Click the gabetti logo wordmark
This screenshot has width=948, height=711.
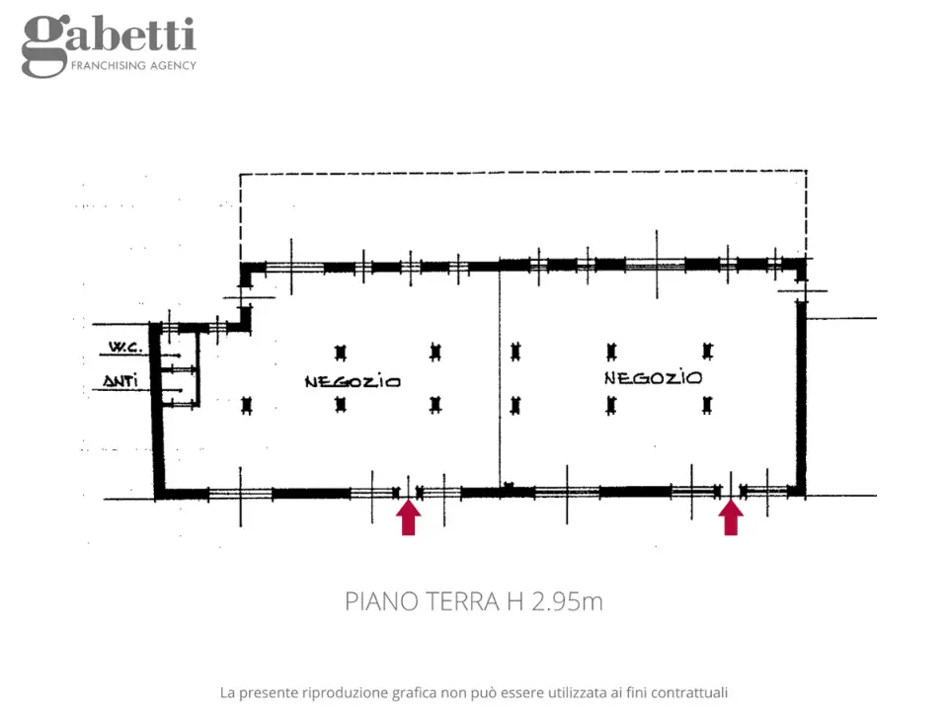pos(109,46)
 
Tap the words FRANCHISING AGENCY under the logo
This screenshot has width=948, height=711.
pos(133,65)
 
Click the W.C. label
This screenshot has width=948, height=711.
pos(125,347)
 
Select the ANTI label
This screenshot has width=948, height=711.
pos(120,381)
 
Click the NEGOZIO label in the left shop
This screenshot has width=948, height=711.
pos(353,381)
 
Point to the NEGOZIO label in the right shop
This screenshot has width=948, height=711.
pos(653,378)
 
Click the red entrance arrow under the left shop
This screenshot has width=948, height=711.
pos(409,516)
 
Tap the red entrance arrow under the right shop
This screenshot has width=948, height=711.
pos(731,516)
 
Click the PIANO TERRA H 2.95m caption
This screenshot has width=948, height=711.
pos(474,601)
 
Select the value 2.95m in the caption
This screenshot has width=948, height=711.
pos(567,601)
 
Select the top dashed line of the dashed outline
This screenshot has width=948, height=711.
pos(523,173)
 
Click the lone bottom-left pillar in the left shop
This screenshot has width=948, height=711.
pos(246,405)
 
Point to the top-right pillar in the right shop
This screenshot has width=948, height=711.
pos(707,351)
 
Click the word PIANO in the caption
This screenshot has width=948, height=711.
pos(381,601)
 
